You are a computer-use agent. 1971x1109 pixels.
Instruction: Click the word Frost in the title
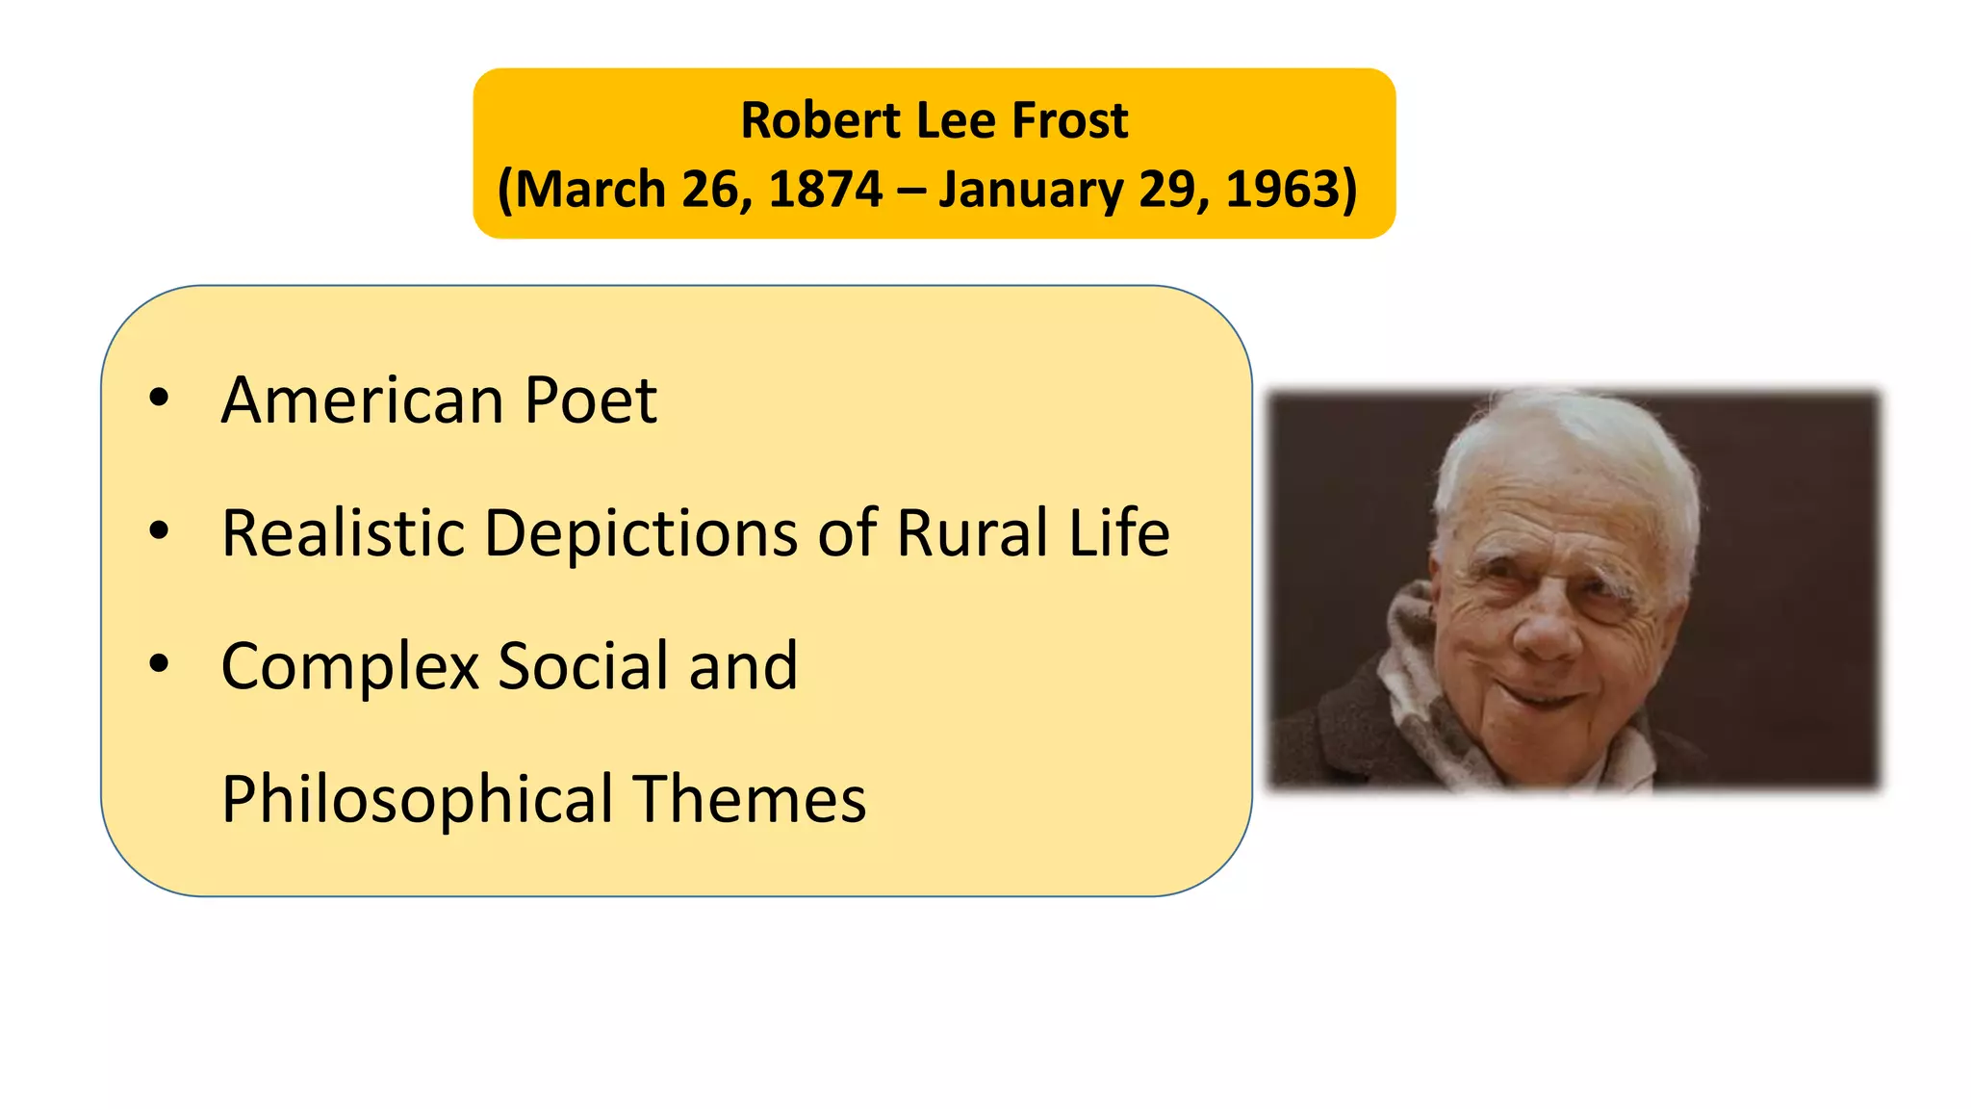click(1070, 121)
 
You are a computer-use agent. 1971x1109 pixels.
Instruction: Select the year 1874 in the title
click(825, 189)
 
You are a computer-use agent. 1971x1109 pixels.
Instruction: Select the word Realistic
click(343, 532)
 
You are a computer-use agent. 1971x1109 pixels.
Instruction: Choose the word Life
click(1119, 532)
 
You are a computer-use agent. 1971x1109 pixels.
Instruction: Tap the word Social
click(583, 665)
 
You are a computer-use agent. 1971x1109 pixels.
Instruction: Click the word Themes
click(750, 799)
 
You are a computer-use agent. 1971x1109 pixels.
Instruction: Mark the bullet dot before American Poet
click(159, 398)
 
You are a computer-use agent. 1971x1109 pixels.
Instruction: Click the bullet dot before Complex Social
click(159, 663)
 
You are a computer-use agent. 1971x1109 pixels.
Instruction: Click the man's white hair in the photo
click(1569, 433)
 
